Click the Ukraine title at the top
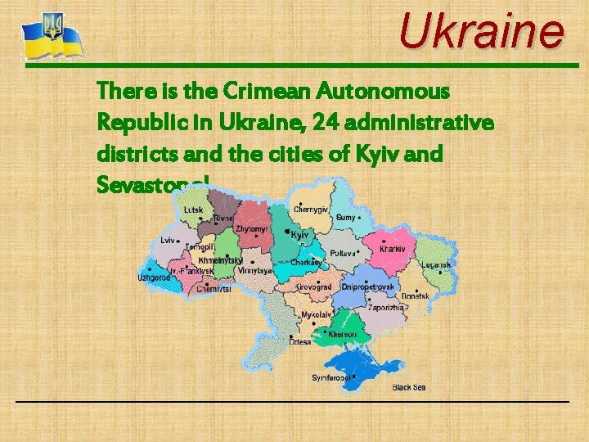[481, 32]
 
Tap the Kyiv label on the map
[299, 235]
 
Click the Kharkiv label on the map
[393, 248]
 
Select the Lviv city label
[168, 241]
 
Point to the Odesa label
[299, 342]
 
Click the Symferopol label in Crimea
[331, 378]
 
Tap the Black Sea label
[408, 387]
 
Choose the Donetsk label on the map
[415, 295]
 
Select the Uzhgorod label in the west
[153, 277]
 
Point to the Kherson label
[342, 334]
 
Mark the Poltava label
[342, 254]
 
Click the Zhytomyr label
[251, 229]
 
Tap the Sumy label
[345, 218]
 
